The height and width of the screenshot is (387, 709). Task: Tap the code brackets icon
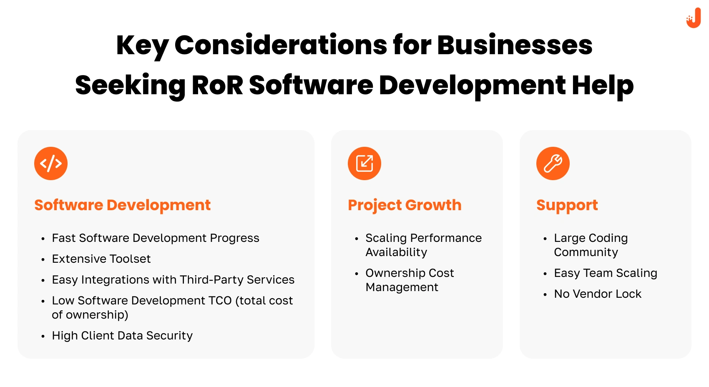point(51,163)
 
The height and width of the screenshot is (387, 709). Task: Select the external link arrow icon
point(365,163)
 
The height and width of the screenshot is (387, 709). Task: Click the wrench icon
point(553,163)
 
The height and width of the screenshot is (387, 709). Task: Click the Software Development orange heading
point(122,205)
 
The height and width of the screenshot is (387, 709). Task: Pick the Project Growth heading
point(405,205)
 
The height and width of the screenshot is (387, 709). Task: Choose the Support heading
point(567,205)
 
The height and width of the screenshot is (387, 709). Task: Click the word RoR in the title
point(217,85)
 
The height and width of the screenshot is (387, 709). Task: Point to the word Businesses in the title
point(515,45)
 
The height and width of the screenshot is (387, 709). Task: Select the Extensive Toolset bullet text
point(101,259)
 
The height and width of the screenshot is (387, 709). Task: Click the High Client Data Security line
point(122,335)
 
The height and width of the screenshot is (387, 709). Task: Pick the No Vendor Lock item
point(598,294)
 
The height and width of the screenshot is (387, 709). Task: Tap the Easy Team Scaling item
point(606,273)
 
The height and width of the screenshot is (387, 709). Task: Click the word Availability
point(396,252)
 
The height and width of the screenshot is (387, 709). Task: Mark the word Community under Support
point(586,252)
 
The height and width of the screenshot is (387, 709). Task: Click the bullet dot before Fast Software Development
point(43,239)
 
